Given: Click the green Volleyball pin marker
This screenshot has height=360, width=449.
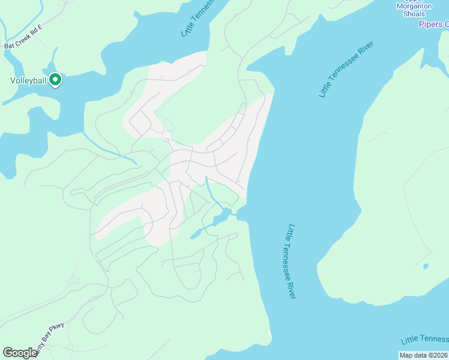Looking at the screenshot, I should pos(55,79).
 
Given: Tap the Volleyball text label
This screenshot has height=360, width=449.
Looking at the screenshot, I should pos(28,80).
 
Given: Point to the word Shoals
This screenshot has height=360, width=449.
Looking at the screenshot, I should pos(414,14).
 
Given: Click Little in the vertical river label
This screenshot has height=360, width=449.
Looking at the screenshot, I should pos(291,233).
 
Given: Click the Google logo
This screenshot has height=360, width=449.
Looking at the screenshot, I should pos(20,353).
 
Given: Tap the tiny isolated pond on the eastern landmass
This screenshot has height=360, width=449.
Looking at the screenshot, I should pos(426,266).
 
